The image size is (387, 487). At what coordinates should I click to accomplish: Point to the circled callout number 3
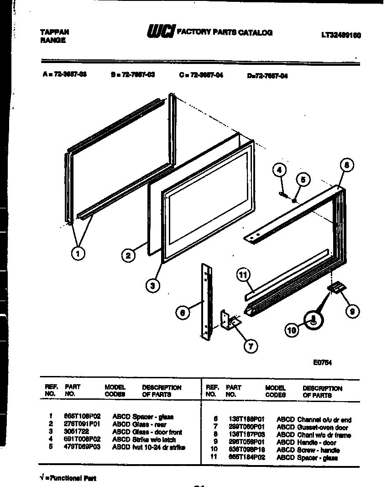click(153, 286)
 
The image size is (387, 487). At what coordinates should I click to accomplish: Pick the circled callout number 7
click(250, 346)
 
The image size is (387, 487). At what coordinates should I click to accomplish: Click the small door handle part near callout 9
click(337, 287)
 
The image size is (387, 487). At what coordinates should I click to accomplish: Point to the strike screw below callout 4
click(284, 195)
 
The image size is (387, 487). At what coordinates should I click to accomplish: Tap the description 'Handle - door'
click(317, 443)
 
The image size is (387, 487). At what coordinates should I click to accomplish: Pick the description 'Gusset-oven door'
click(323, 428)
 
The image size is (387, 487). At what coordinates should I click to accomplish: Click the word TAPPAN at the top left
click(55, 32)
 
